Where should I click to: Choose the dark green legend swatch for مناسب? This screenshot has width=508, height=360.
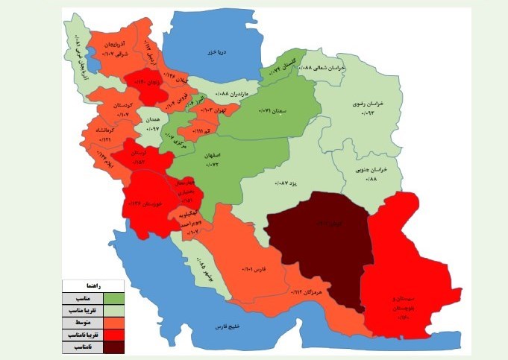(114, 297)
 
